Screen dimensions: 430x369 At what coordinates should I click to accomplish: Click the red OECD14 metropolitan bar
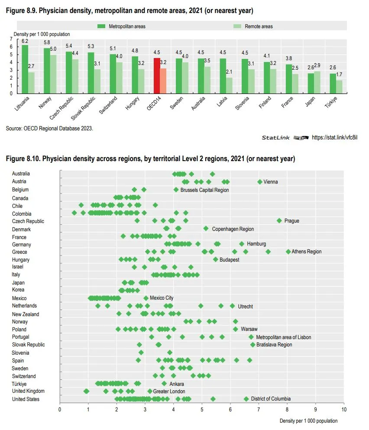pos(157,75)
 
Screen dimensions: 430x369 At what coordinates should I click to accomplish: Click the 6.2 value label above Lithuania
pos(25,41)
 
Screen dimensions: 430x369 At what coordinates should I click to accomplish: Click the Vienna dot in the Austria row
pos(260,182)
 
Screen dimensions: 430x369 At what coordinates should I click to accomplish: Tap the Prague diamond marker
pos(279,221)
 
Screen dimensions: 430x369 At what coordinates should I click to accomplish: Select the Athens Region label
pos(307,252)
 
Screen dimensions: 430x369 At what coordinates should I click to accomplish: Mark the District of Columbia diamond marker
pos(246,399)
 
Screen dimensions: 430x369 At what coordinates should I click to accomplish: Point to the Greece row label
pos(19,252)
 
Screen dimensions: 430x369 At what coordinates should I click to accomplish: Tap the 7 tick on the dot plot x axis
pos(259,409)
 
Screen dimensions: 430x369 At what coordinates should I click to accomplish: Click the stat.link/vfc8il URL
pos(335,137)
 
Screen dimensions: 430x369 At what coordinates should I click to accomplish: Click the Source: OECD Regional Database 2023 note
pos(49,128)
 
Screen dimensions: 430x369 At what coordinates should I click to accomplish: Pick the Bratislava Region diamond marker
pos(252,345)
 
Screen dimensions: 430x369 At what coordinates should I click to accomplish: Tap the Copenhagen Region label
pos(233,229)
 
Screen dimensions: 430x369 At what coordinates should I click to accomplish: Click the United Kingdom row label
pos(28,391)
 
